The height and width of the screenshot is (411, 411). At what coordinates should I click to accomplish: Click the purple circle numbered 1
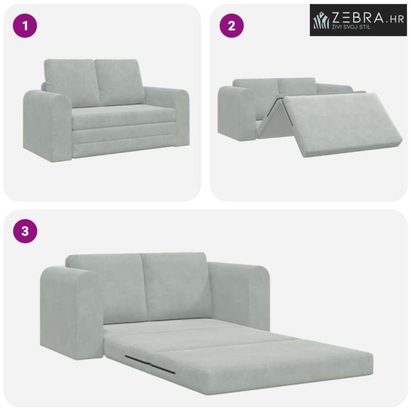click(25, 26)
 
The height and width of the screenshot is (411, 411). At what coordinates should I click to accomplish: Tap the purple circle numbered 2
click(232, 26)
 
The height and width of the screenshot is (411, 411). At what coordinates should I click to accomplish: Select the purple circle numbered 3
click(25, 232)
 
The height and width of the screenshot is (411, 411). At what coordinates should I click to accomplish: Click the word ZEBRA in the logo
click(357, 18)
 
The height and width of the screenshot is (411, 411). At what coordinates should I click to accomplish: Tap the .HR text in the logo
click(394, 20)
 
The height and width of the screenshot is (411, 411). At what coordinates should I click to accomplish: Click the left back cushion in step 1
click(71, 83)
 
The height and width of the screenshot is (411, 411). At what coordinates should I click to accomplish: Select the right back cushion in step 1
click(119, 82)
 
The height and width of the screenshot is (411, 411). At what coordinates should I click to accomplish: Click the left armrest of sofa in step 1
click(47, 126)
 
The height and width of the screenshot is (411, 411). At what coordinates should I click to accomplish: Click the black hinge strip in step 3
click(150, 364)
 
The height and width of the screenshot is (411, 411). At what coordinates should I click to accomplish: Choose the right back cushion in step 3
click(176, 286)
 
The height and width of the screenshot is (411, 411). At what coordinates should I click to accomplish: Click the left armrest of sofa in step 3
click(71, 312)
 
